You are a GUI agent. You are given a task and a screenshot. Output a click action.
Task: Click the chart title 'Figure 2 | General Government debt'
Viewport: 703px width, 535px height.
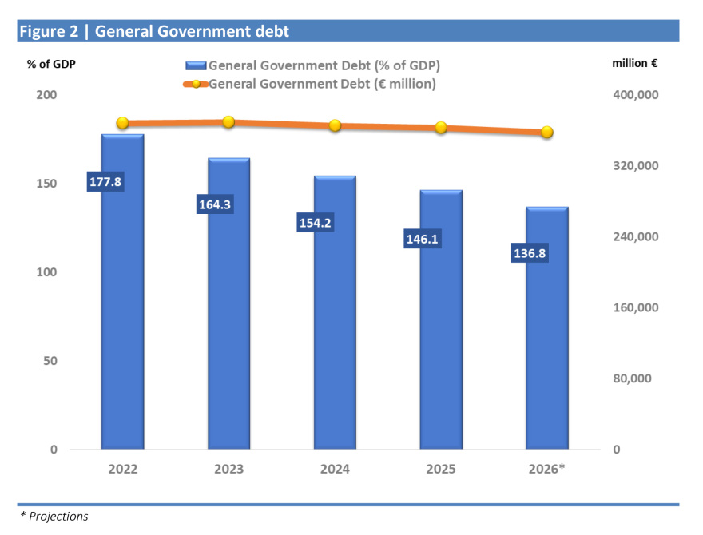click(x=154, y=31)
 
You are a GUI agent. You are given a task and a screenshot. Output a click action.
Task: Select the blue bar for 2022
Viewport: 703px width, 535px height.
click(x=122, y=319)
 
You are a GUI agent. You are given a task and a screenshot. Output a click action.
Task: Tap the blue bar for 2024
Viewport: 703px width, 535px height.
click(x=335, y=335)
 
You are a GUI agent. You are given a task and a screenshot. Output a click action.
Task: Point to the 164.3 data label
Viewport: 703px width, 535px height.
click(x=214, y=205)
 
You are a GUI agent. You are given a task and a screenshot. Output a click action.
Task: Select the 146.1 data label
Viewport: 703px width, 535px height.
click(x=423, y=239)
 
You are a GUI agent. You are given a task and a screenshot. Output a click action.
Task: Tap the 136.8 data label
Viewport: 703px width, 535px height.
click(x=529, y=254)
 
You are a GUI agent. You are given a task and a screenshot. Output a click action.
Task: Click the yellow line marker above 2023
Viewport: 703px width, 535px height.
click(x=228, y=122)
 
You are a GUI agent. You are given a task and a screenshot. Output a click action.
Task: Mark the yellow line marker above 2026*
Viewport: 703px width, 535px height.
click(x=547, y=132)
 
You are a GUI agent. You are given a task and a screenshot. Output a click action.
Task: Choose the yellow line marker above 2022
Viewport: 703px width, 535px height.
click(x=122, y=123)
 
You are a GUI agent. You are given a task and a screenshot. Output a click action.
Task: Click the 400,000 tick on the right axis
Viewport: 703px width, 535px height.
click(x=635, y=95)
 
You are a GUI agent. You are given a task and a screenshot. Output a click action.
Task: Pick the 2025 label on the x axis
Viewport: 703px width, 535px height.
click(x=441, y=469)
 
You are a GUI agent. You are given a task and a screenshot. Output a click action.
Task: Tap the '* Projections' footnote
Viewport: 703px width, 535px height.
click(x=54, y=517)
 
